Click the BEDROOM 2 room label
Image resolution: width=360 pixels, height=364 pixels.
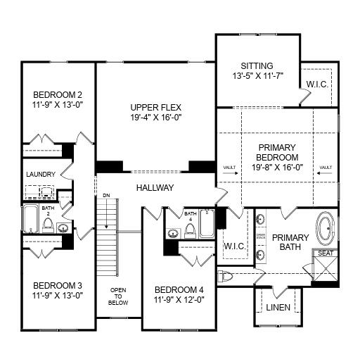coord(58,94)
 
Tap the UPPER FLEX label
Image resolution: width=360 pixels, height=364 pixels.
coord(155,108)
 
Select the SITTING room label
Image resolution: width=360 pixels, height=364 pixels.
coord(257,65)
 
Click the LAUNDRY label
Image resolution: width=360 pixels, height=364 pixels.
coord(40,175)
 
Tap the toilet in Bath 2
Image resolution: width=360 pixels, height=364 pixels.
coord(49,225)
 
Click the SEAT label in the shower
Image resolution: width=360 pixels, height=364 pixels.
coord(326,253)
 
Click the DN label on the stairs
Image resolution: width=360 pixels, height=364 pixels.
coord(106,195)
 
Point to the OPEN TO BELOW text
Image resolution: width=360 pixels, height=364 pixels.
coord(118,295)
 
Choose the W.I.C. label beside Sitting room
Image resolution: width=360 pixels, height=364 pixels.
coord(316,84)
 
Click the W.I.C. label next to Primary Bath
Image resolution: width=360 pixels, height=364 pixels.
coord(233,247)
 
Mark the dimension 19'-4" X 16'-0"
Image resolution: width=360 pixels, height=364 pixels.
coord(155,118)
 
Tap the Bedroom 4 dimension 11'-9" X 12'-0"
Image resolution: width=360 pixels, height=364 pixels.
coord(179,300)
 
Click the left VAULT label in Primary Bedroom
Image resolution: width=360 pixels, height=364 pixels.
coord(229,168)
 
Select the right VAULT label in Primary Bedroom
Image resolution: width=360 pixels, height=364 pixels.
coord(325,168)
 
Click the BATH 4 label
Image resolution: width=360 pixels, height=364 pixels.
coord(191,216)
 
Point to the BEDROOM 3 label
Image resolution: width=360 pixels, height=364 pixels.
coord(58,285)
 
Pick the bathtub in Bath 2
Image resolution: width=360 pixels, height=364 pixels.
coord(30,220)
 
